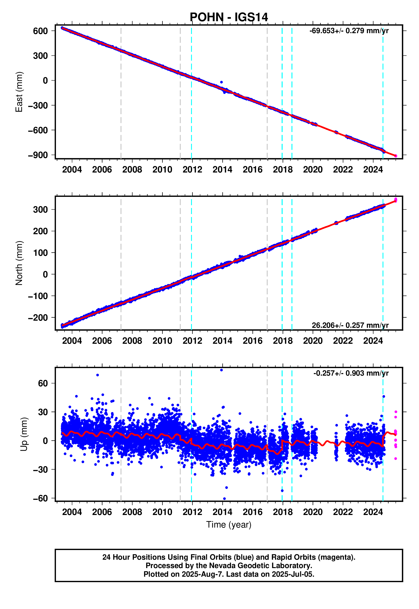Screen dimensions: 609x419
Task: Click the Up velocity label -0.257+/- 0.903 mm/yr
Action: pos(351,373)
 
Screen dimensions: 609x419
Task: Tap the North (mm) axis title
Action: pos(19,263)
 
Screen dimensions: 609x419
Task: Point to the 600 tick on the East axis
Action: pos(40,31)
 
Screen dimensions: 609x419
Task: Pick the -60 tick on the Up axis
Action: pos(40,498)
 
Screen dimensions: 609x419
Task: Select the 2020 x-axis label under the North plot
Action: pos(313,341)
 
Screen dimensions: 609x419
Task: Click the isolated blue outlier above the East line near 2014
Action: pos(221,82)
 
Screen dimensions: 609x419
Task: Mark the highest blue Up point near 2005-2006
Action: pos(97,375)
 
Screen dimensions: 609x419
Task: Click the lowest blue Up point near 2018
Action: pos(282,491)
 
